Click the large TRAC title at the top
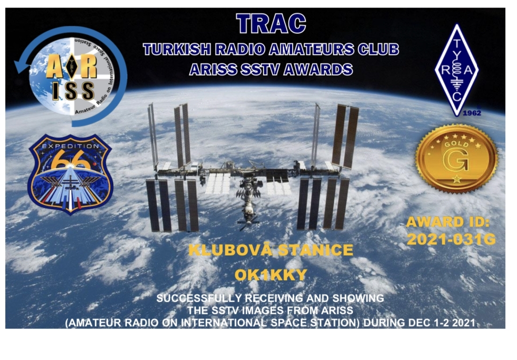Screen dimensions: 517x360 click(271, 23)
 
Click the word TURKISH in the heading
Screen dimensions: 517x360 click(177, 49)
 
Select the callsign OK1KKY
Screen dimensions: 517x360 click(270, 275)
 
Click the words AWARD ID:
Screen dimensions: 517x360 click(448, 222)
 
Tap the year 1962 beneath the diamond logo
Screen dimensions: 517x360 click(472, 113)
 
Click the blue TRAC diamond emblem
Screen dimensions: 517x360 click(457, 70)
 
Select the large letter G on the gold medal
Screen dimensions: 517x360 click(456, 161)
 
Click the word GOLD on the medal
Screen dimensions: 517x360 click(456, 144)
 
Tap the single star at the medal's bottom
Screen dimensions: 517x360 click(457, 179)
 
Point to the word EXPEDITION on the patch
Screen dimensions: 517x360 click(70, 146)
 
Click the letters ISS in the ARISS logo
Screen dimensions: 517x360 click(73, 91)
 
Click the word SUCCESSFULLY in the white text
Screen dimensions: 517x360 click(199, 298)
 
